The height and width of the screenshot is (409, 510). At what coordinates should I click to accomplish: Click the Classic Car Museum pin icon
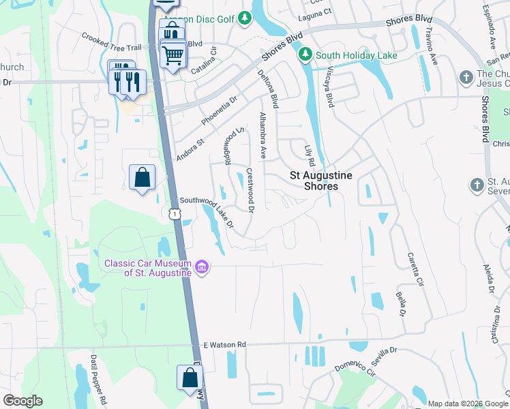[x=202, y=266]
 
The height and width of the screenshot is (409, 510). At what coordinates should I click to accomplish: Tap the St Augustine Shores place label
[x=321, y=181]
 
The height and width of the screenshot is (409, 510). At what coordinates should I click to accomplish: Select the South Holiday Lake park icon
[x=306, y=55]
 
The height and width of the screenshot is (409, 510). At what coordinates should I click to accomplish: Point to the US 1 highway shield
[x=175, y=214]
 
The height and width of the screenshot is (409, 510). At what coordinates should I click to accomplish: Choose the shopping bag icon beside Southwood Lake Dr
[x=142, y=177]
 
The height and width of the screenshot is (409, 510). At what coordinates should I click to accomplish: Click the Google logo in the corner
[x=23, y=400]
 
